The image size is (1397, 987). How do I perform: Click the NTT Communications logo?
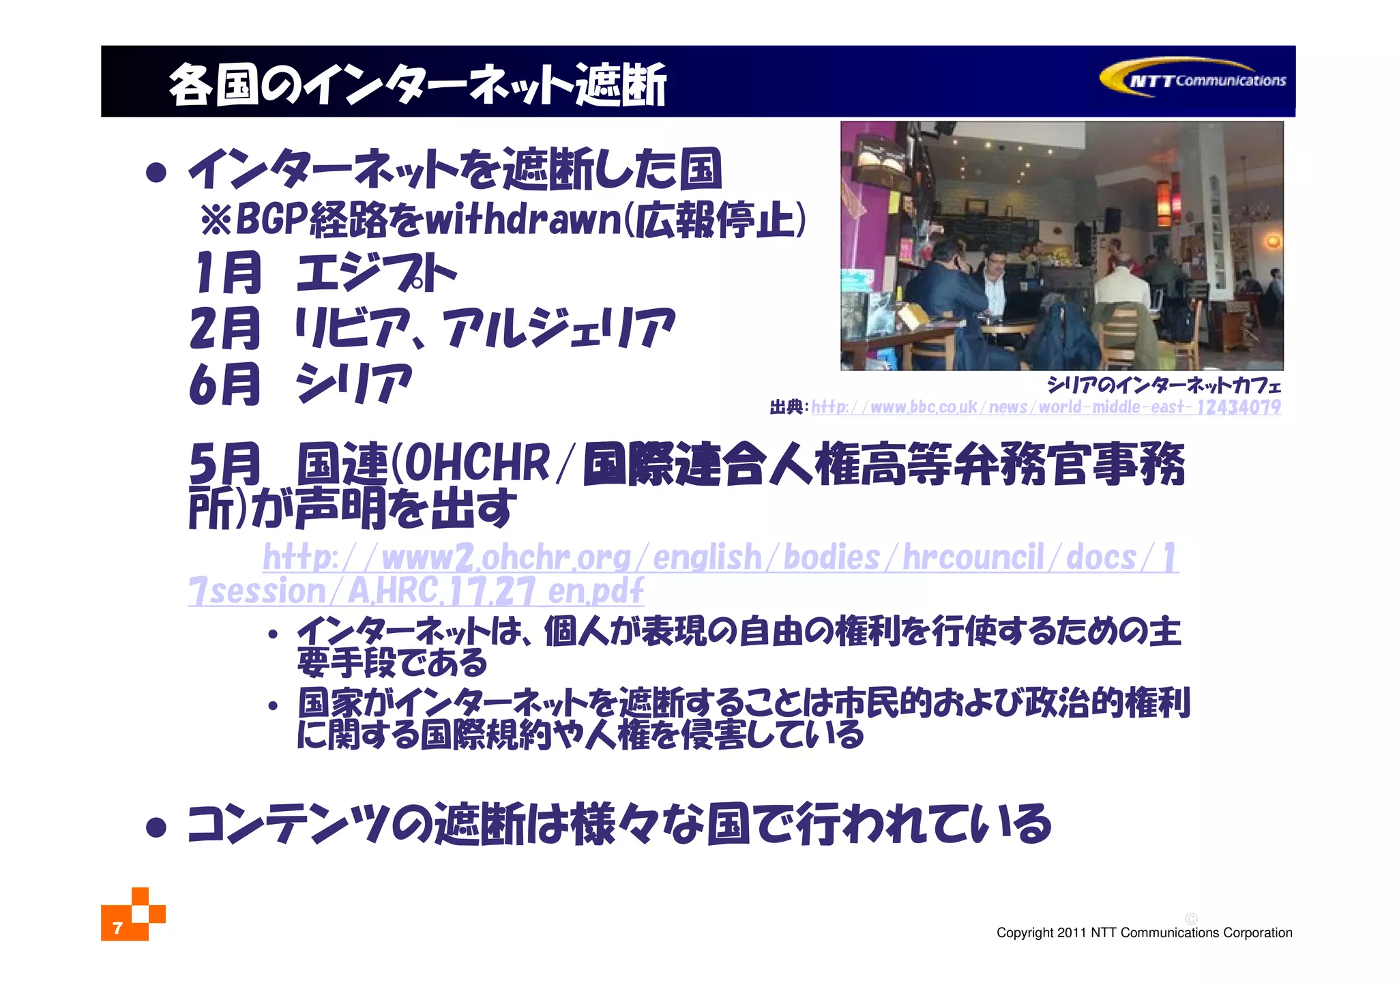[x=1194, y=79]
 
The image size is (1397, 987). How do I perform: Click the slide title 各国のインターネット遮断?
[x=417, y=85]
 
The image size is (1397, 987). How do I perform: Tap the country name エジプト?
[x=376, y=274]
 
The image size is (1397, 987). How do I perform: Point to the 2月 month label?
[x=225, y=328]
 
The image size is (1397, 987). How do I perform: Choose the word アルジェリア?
[x=559, y=328]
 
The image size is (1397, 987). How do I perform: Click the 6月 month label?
[x=225, y=384]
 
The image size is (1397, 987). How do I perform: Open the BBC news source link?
[x=1045, y=407]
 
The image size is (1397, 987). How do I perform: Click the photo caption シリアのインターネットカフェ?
[x=1164, y=385]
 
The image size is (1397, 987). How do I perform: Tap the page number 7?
[x=117, y=928]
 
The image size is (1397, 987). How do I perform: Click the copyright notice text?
[x=1144, y=932]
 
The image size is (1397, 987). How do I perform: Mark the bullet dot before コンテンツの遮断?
[x=156, y=827]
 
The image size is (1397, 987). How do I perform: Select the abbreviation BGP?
[x=270, y=220]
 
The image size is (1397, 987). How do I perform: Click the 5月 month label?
[x=225, y=463]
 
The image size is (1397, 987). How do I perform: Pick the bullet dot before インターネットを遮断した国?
[x=156, y=172]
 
